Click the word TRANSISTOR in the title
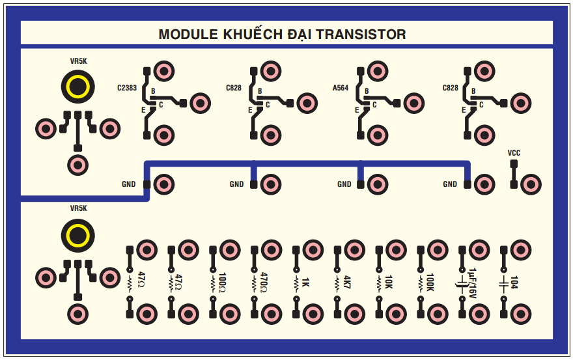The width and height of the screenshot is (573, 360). pos(360,35)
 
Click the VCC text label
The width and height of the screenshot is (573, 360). pos(514,153)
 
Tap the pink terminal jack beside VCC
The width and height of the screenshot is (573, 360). pos(531,184)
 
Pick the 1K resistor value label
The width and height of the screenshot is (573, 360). pos(305,283)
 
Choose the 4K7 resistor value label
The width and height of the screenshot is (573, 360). pos(346,283)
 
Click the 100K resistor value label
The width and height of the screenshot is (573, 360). pos(430,284)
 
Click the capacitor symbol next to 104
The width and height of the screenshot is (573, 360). pos(503,283)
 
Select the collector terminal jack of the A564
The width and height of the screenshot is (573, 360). pos(413,102)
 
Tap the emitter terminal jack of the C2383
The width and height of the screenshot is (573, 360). pos(163,135)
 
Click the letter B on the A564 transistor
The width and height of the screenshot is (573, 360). pos(367,91)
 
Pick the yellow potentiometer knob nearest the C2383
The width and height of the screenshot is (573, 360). pos(77,87)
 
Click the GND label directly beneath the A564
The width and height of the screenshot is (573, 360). pos(344,184)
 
